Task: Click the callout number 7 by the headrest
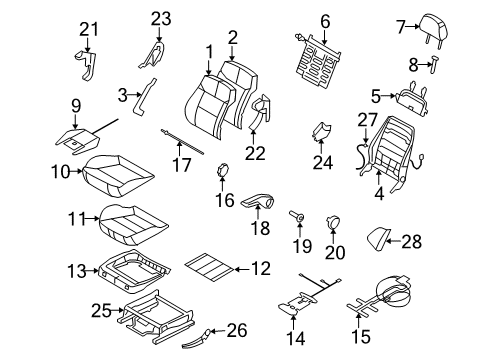pyautogui.click(x=373, y=26)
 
